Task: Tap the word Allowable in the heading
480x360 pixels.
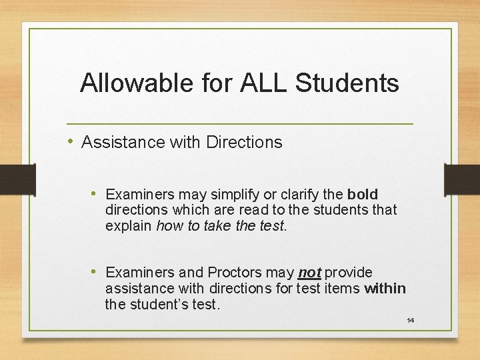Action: pyautogui.click(x=138, y=83)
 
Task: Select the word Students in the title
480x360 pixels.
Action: pyautogui.click(x=347, y=83)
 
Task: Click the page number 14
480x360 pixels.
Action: pyautogui.click(x=411, y=321)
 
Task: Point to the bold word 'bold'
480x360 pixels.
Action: pyautogui.click(x=363, y=195)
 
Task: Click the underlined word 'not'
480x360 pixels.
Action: pyautogui.click(x=309, y=273)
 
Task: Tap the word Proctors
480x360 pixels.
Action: pyautogui.click(x=236, y=273)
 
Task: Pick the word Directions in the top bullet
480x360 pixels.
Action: pyautogui.click(x=244, y=142)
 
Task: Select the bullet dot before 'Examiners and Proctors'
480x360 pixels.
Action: pyautogui.click(x=95, y=272)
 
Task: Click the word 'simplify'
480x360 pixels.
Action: pyautogui.click(x=236, y=195)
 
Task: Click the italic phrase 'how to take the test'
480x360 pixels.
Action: pyautogui.click(x=220, y=226)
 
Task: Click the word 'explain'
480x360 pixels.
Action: pyautogui.click(x=129, y=226)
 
